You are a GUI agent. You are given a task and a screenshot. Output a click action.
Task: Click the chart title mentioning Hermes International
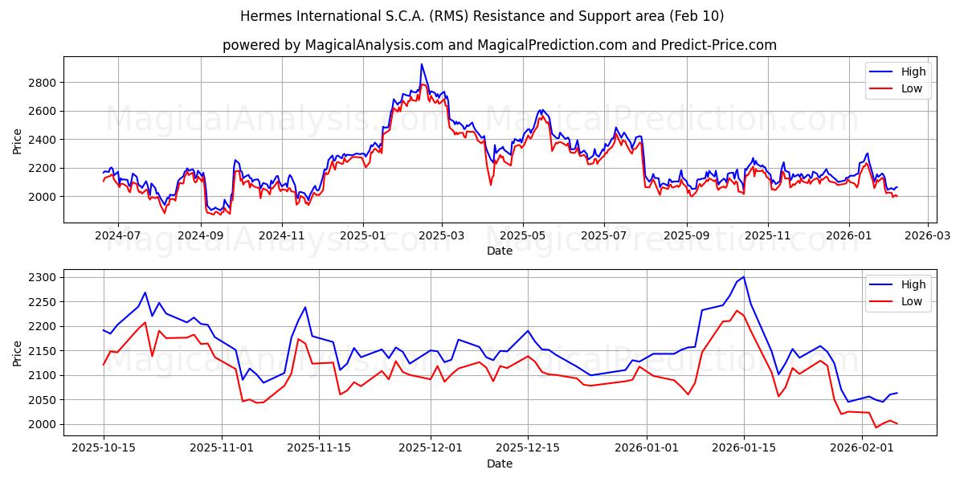[482, 16]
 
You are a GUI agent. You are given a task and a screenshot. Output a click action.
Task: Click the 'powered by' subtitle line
[500, 45]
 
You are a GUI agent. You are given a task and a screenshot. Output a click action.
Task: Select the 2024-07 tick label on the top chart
[118, 237]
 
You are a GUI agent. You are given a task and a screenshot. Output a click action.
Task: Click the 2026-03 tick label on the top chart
[928, 237]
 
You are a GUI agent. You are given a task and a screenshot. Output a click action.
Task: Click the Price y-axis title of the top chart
[18, 140]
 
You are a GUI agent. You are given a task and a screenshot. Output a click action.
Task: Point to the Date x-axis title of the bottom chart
[500, 464]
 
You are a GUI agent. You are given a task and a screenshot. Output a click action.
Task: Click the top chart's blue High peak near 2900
[421, 65]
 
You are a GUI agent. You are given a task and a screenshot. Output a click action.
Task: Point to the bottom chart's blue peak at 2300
[743, 277]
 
